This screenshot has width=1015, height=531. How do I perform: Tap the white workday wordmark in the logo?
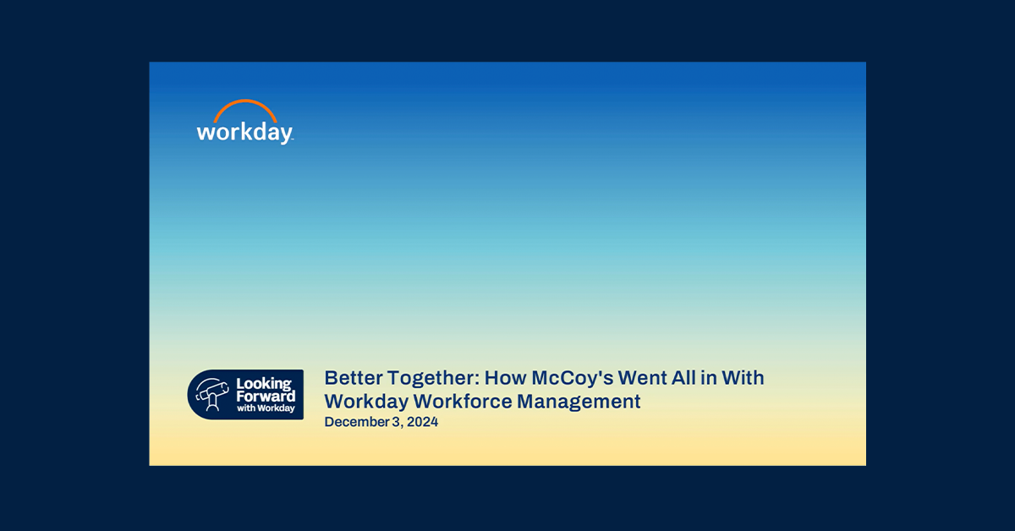[x=244, y=133]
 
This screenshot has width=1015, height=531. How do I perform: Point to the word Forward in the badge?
[x=266, y=397]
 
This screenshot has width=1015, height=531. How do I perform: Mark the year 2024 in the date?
[x=422, y=422]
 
